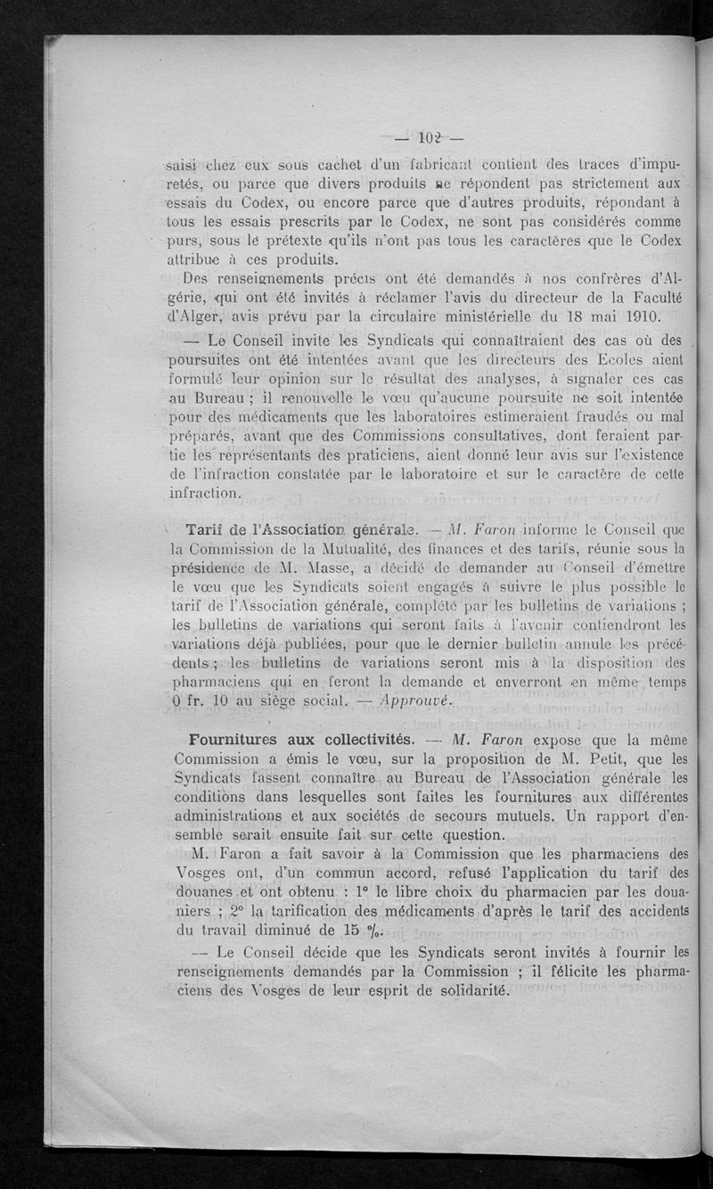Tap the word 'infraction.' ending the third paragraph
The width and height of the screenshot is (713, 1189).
click(x=204, y=493)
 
